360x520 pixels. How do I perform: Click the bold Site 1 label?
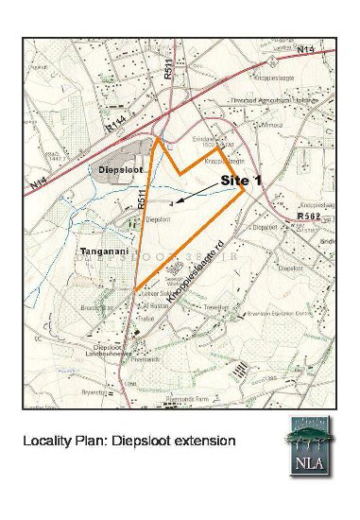coord(244,178)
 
